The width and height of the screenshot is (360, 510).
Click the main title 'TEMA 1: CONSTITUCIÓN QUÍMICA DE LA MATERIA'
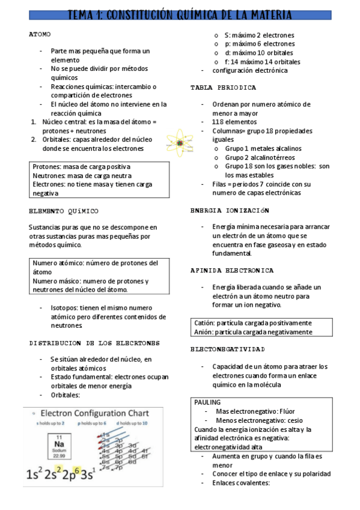(x=180, y=14)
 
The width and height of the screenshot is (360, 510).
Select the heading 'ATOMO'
(x=40, y=35)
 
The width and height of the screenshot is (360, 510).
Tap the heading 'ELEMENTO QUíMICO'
(x=64, y=211)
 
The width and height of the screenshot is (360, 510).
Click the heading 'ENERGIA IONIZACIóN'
(x=230, y=210)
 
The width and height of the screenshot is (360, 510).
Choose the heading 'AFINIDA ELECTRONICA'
(x=232, y=271)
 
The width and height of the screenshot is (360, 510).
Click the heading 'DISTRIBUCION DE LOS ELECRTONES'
(x=94, y=343)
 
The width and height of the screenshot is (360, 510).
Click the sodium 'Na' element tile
(x=59, y=444)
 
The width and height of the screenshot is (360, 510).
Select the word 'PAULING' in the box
(x=208, y=402)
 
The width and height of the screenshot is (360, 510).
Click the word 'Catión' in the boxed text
(x=204, y=323)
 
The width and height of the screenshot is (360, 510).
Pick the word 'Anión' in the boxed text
(x=204, y=331)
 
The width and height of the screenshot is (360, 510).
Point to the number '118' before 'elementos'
(x=218, y=121)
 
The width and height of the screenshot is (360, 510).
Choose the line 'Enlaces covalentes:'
(x=241, y=482)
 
